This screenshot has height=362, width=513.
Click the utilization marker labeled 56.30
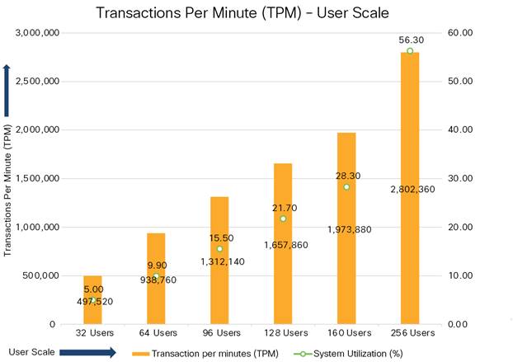point(410,51)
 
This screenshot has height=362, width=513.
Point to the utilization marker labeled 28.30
point(346,186)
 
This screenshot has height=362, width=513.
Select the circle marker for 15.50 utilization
point(219,249)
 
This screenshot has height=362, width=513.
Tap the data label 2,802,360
point(410,190)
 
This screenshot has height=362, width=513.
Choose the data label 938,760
point(156,280)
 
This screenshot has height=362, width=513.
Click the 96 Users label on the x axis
point(219,333)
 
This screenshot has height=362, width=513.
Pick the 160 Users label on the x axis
point(346,333)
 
